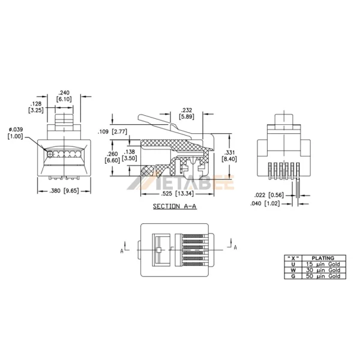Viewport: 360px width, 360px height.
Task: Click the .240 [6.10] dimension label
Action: click(x=64, y=95)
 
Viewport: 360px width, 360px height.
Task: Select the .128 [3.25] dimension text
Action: click(x=35, y=107)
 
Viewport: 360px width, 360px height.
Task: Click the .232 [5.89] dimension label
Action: click(x=186, y=114)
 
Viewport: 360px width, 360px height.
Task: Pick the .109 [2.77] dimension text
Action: click(x=112, y=130)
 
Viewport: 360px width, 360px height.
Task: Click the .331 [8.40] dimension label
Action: click(x=228, y=155)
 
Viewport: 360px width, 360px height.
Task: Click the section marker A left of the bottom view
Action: click(x=122, y=251)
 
